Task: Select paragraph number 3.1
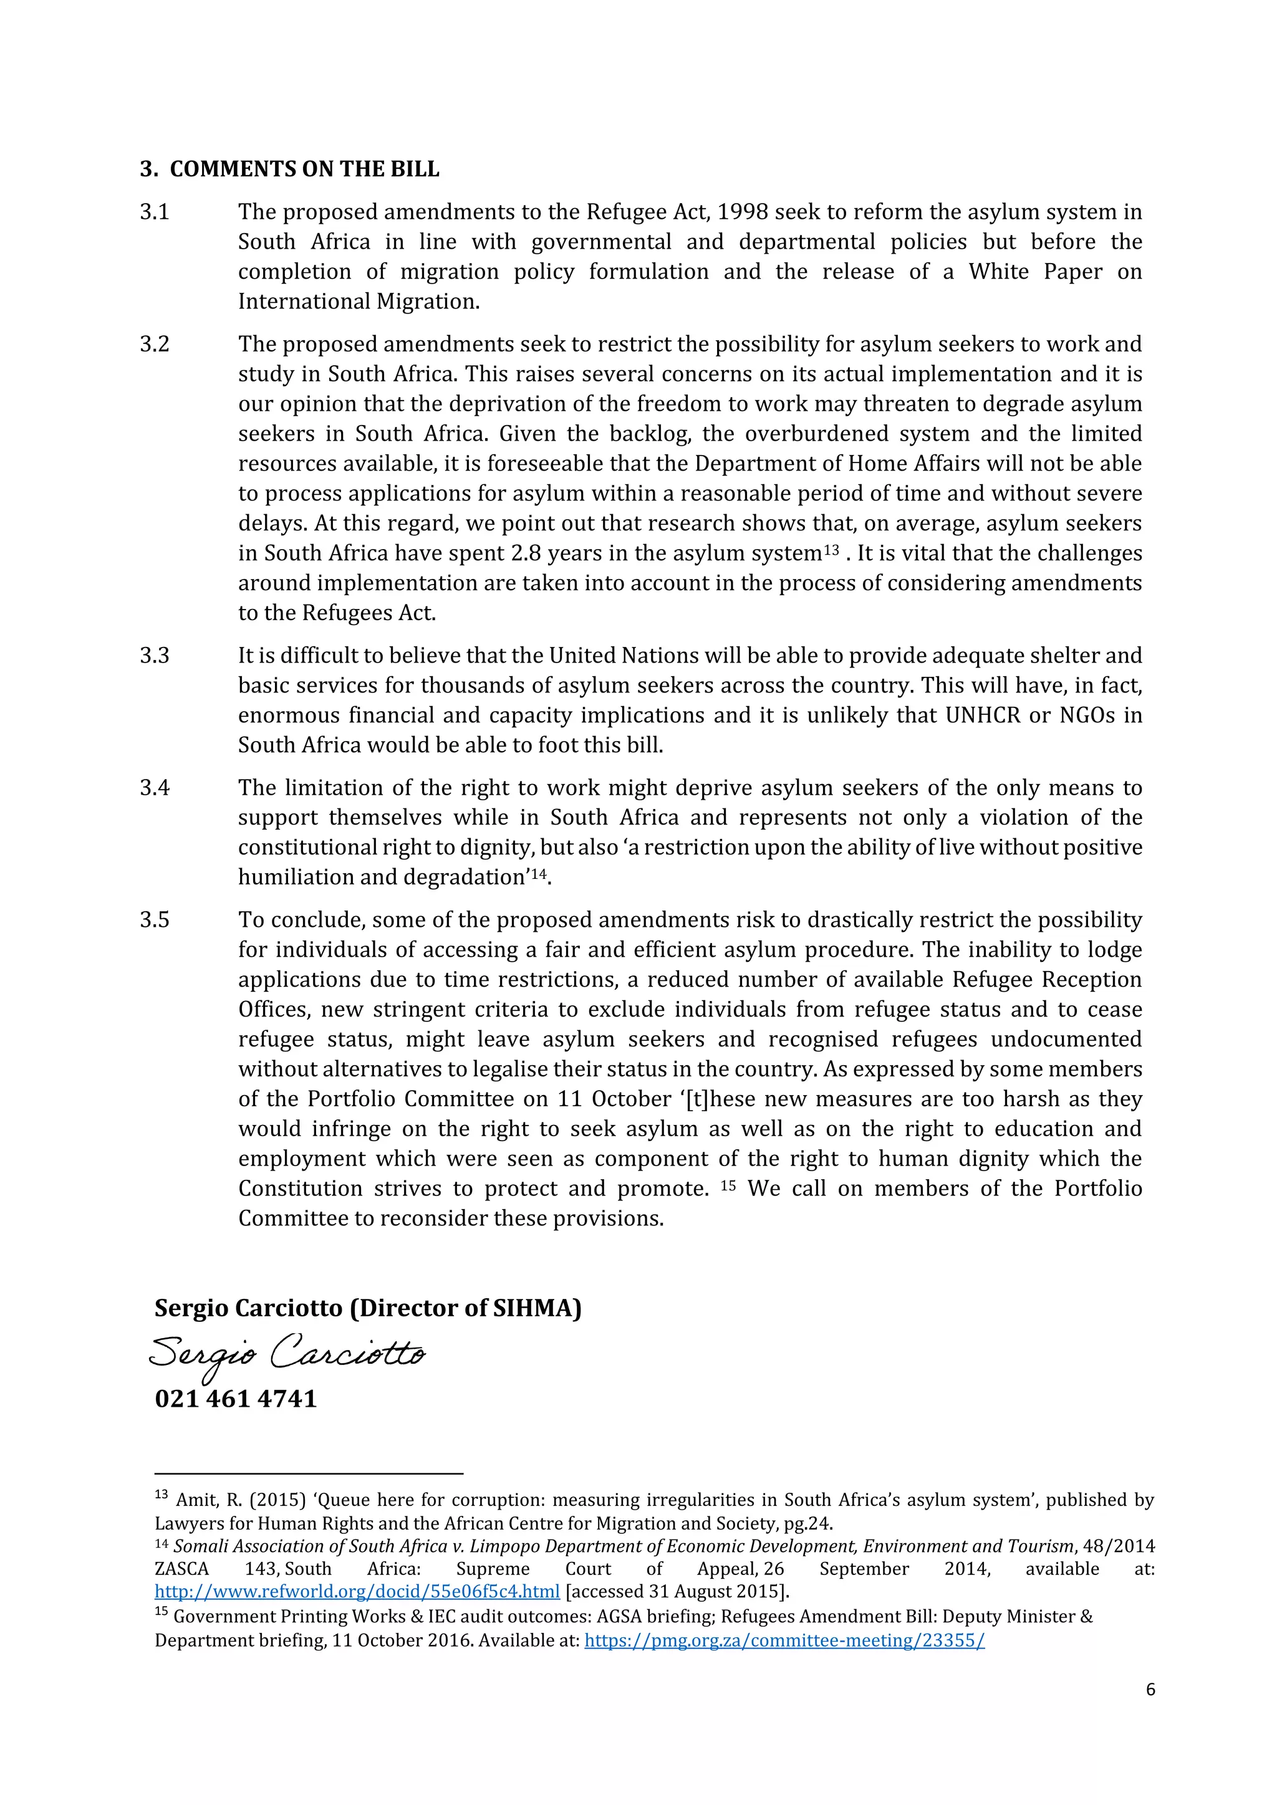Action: click(x=154, y=213)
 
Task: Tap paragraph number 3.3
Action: click(x=154, y=656)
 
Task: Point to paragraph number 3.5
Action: click(x=154, y=920)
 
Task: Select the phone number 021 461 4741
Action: click(x=236, y=1399)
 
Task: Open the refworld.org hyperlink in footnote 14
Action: click(x=357, y=1592)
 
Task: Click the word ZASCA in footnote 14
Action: click(x=181, y=1569)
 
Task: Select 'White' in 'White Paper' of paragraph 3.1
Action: click(x=999, y=272)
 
